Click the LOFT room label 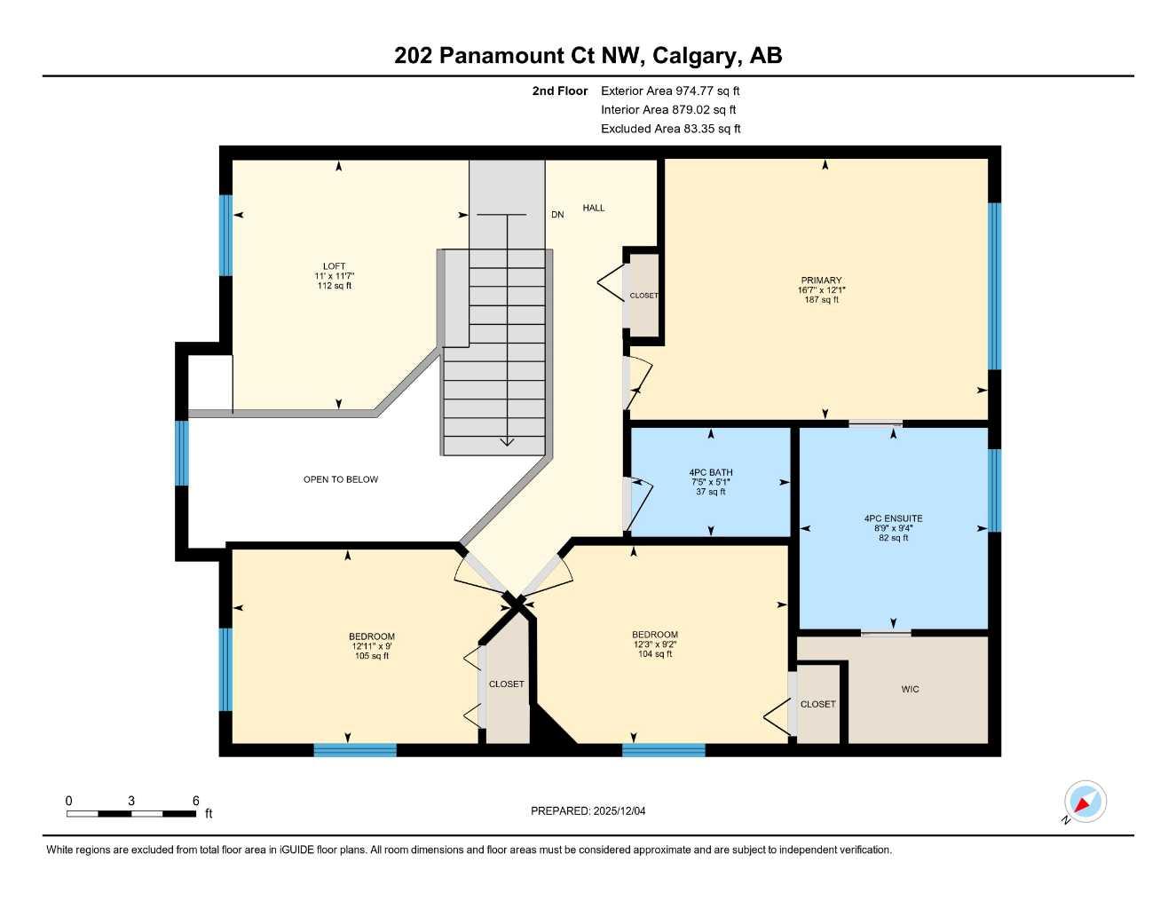pyautogui.click(x=335, y=266)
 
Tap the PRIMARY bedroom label pyautogui.click(x=821, y=281)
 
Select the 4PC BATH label pyautogui.click(x=710, y=473)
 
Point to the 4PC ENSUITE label pyautogui.click(x=893, y=518)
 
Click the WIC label pyautogui.click(x=910, y=689)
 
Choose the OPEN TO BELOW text pyautogui.click(x=341, y=479)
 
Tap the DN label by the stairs pyautogui.click(x=557, y=215)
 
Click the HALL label pyautogui.click(x=594, y=208)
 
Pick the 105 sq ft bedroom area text pyautogui.click(x=372, y=656)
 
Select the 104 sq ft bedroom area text pyautogui.click(x=655, y=654)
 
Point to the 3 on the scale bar pyautogui.click(x=131, y=801)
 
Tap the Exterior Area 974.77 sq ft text pyautogui.click(x=670, y=91)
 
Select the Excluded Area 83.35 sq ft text pyautogui.click(x=670, y=129)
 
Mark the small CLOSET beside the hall pyautogui.click(x=643, y=296)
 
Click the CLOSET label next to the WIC pyautogui.click(x=817, y=704)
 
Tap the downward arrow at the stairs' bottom pyautogui.click(x=507, y=441)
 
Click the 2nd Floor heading pyautogui.click(x=559, y=91)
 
